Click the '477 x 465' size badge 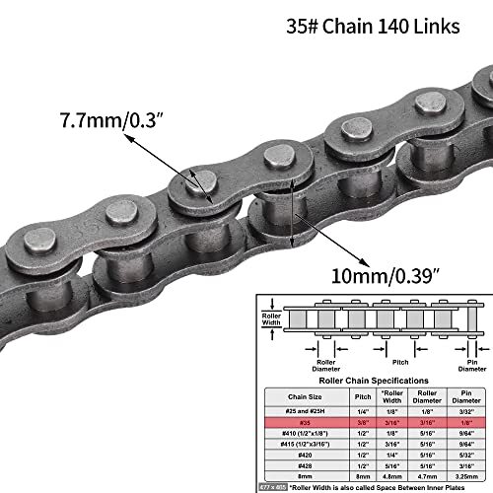point(272,488)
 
